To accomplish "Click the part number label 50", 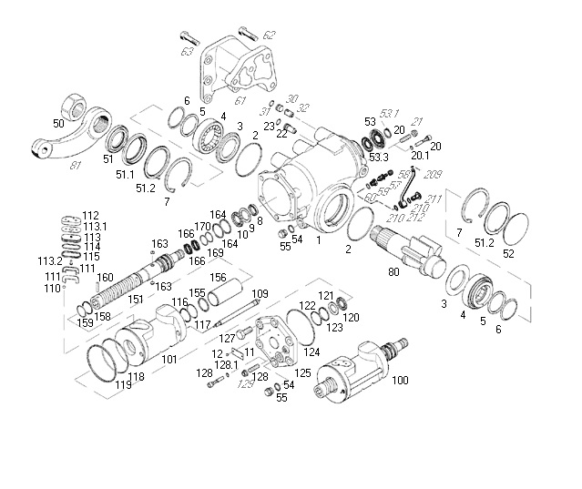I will pyautogui.click(x=58, y=123).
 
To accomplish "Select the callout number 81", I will pyautogui.click(x=75, y=165).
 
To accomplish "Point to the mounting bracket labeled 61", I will pyautogui.click(x=235, y=73).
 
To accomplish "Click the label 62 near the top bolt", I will pyautogui.click(x=268, y=36).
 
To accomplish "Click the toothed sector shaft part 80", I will pyautogui.click(x=410, y=250).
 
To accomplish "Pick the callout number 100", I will pyautogui.click(x=399, y=380).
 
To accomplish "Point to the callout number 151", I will pyautogui.click(x=136, y=298).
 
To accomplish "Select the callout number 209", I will pyautogui.click(x=434, y=175).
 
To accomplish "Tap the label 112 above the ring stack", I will pyautogui.click(x=90, y=216).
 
